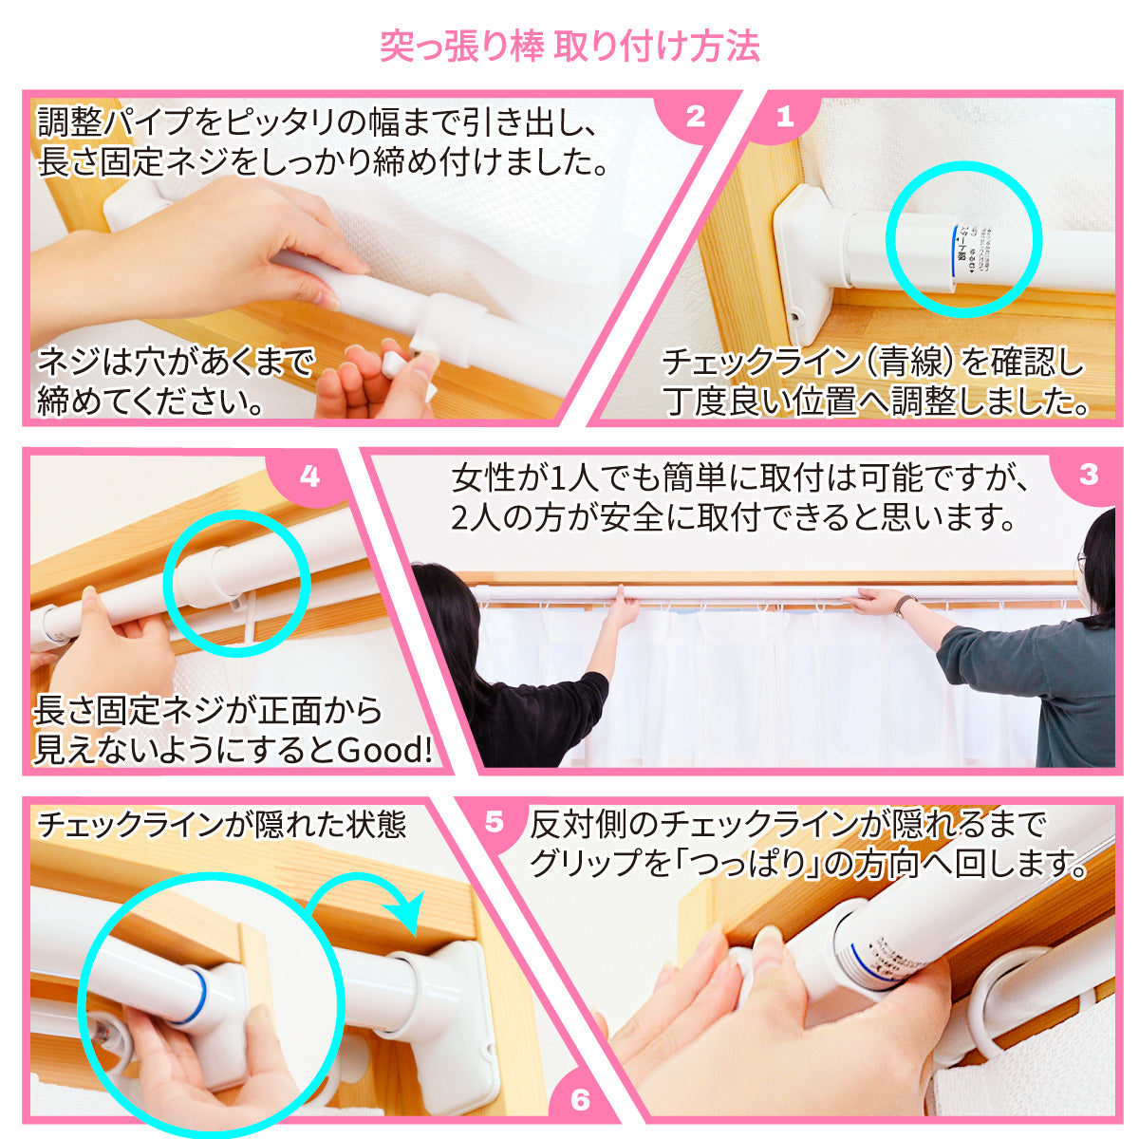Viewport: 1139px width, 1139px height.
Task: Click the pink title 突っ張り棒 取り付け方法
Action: (569, 46)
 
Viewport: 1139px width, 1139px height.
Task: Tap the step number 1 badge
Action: (784, 118)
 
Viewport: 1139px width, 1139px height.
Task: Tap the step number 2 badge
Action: (696, 118)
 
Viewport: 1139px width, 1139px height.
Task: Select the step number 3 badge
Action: (1088, 475)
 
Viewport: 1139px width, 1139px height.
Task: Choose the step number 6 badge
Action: (581, 1101)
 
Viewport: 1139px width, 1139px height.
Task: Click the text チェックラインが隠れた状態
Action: (220, 824)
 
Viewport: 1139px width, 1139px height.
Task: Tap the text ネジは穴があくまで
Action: (176, 362)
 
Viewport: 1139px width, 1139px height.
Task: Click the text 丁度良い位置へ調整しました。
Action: (875, 402)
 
